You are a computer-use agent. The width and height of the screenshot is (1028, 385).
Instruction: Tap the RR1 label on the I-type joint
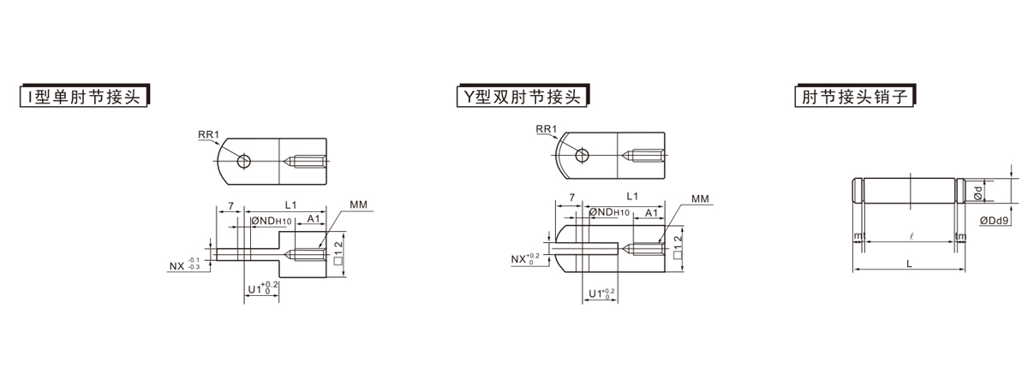point(209,134)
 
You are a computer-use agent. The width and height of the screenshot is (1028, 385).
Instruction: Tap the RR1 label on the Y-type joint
point(547,129)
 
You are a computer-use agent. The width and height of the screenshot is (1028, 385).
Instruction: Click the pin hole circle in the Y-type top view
point(583,155)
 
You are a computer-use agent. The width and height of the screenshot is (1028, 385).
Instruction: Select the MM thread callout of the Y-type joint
point(701,199)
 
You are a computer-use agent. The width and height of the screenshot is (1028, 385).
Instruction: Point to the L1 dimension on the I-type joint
point(290,205)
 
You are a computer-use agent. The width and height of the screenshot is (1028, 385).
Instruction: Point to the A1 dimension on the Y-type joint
point(651,212)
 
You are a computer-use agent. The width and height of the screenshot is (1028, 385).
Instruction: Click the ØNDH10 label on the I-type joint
point(272,221)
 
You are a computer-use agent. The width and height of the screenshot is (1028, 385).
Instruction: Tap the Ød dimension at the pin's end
point(981,191)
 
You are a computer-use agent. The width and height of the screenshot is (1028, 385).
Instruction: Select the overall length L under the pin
point(909,264)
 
